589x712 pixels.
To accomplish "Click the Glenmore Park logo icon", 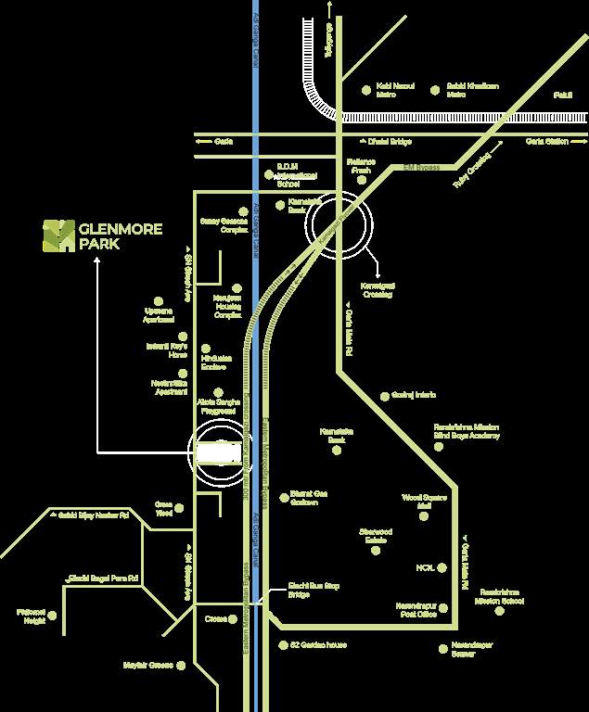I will point(58,235).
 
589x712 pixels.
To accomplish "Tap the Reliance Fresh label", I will point(359,166).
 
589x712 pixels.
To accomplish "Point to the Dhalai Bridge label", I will point(390,142).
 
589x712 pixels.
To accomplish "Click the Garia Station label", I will point(546,142).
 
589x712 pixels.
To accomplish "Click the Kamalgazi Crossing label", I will point(378,290).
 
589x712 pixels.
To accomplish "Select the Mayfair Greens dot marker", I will point(182,665).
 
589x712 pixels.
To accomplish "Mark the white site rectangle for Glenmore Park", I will point(219,452).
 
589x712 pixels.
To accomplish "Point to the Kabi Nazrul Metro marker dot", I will point(370,90).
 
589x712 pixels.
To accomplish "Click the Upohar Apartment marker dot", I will point(159,300).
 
